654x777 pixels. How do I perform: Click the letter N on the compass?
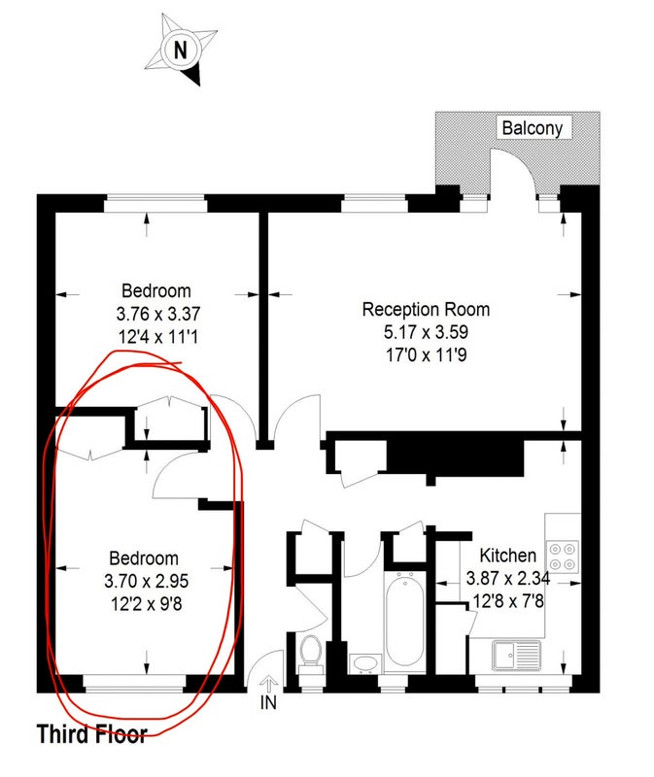tap(181, 51)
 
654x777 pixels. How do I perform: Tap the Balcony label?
tap(532, 128)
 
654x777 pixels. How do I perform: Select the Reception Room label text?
tap(426, 309)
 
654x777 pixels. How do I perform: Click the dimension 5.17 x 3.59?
tap(426, 331)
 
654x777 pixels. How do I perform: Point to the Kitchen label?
tap(507, 555)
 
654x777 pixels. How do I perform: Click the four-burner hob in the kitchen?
tap(563, 557)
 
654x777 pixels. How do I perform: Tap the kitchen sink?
tap(517, 656)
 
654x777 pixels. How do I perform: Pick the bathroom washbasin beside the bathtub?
tap(365, 664)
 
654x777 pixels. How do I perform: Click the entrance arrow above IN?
tap(268, 685)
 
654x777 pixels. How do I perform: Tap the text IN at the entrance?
tap(268, 702)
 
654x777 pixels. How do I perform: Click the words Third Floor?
tap(92, 734)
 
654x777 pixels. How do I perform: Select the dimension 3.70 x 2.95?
tap(147, 581)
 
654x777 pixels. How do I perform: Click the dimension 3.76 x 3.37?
tap(158, 314)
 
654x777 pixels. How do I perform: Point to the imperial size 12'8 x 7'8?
tap(508, 601)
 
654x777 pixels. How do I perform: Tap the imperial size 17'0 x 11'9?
tap(426, 355)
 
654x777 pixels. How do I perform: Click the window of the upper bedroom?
tap(155, 204)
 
